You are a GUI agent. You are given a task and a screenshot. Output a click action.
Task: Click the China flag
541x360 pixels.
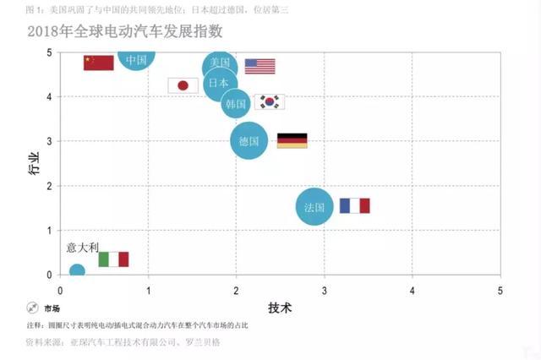99,63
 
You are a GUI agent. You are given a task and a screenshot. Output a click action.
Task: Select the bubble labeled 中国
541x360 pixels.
136,57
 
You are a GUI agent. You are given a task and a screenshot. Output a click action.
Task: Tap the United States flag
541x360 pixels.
260,66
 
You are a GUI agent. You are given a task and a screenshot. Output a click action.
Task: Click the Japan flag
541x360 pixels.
183,85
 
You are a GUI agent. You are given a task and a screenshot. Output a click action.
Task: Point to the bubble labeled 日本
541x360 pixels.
220,84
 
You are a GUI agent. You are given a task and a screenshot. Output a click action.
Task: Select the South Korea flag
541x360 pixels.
270,101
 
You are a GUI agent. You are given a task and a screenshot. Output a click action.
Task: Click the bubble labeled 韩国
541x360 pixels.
236,103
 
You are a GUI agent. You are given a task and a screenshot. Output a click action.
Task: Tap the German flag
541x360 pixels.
292,140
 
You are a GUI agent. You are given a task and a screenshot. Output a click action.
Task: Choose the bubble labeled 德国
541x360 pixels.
249,140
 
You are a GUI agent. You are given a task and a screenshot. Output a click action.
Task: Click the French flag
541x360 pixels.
354,205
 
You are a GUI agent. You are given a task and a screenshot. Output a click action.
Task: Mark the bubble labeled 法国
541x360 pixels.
314,206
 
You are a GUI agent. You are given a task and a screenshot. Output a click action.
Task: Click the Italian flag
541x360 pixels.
113,259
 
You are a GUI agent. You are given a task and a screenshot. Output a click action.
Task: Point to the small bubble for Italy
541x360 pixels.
77,271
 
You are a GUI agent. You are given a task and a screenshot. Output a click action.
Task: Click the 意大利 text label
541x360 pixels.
83,247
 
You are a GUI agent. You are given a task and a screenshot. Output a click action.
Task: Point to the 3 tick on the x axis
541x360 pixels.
324,290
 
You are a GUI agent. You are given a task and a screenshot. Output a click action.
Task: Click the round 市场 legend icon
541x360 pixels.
32,308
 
